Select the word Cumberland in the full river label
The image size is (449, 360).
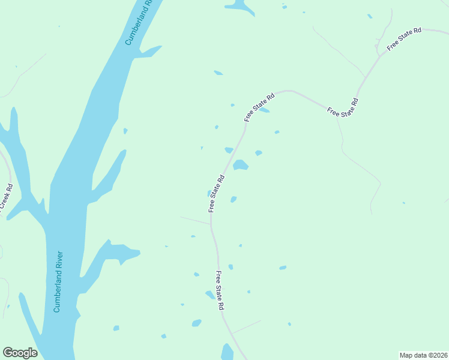57,294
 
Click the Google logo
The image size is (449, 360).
20,353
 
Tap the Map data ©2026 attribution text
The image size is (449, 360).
423,355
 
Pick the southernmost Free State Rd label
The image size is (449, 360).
220,290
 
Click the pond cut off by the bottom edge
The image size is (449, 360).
227,353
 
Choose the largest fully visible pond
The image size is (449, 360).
240,165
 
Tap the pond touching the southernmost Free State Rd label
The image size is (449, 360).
210,295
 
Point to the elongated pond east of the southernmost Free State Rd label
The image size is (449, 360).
282,268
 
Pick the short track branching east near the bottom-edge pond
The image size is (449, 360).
247,326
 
